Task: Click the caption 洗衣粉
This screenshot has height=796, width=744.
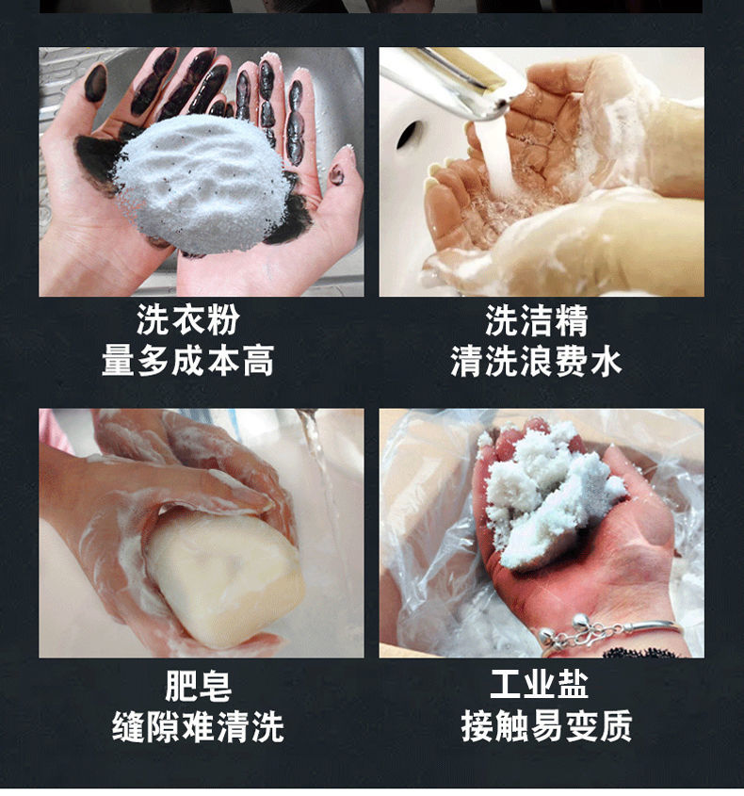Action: pyautogui.click(x=188, y=320)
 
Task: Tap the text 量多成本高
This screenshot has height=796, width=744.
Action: pyautogui.click(x=188, y=361)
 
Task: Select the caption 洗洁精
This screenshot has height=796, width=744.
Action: pyautogui.click(x=537, y=320)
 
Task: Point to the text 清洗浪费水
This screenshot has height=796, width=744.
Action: pyautogui.click(x=537, y=361)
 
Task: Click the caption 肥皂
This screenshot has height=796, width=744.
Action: pyautogui.click(x=199, y=686)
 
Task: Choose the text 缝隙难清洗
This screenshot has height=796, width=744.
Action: pyautogui.click(x=198, y=726)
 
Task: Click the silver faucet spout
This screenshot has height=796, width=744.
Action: pyautogui.click(x=446, y=81)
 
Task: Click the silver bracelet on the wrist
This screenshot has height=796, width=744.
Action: pyautogui.click(x=609, y=632)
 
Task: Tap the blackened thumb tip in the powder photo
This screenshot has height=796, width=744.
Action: pyautogui.click(x=95, y=83)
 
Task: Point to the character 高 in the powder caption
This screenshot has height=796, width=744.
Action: pyautogui.click(x=258, y=361)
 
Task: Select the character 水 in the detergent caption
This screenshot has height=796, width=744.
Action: pyautogui.click(x=606, y=361)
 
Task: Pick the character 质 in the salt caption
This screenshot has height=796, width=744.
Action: pyautogui.click(x=617, y=726)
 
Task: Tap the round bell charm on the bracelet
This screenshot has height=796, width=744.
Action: pyautogui.click(x=579, y=621)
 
